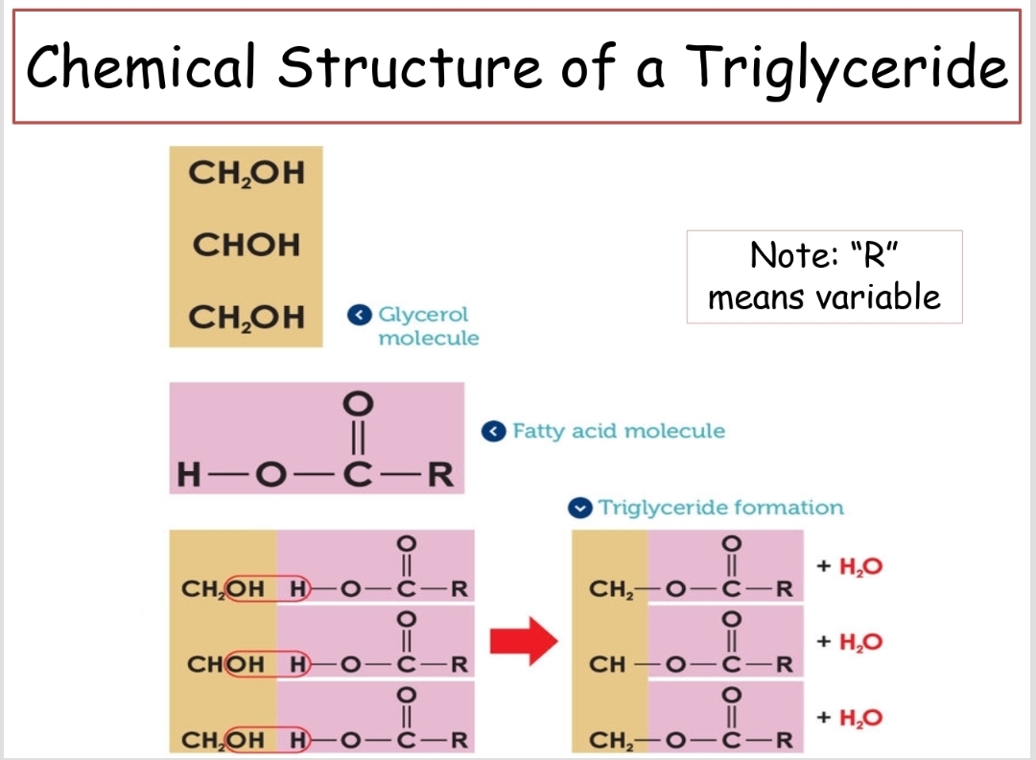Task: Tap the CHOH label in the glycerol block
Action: (x=247, y=245)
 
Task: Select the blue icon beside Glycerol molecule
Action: (x=359, y=315)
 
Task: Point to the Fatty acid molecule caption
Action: (x=619, y=431)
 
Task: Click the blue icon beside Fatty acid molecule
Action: (x=493, y=431)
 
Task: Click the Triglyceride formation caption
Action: (x=720, y=508)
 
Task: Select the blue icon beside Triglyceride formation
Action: (x=578, y=508)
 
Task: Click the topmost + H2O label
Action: (x=849, y=566)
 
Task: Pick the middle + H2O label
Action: (x=849, y=642)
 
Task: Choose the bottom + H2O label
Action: (x=849, y=718)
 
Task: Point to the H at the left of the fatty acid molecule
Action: (x=191, y=474)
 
